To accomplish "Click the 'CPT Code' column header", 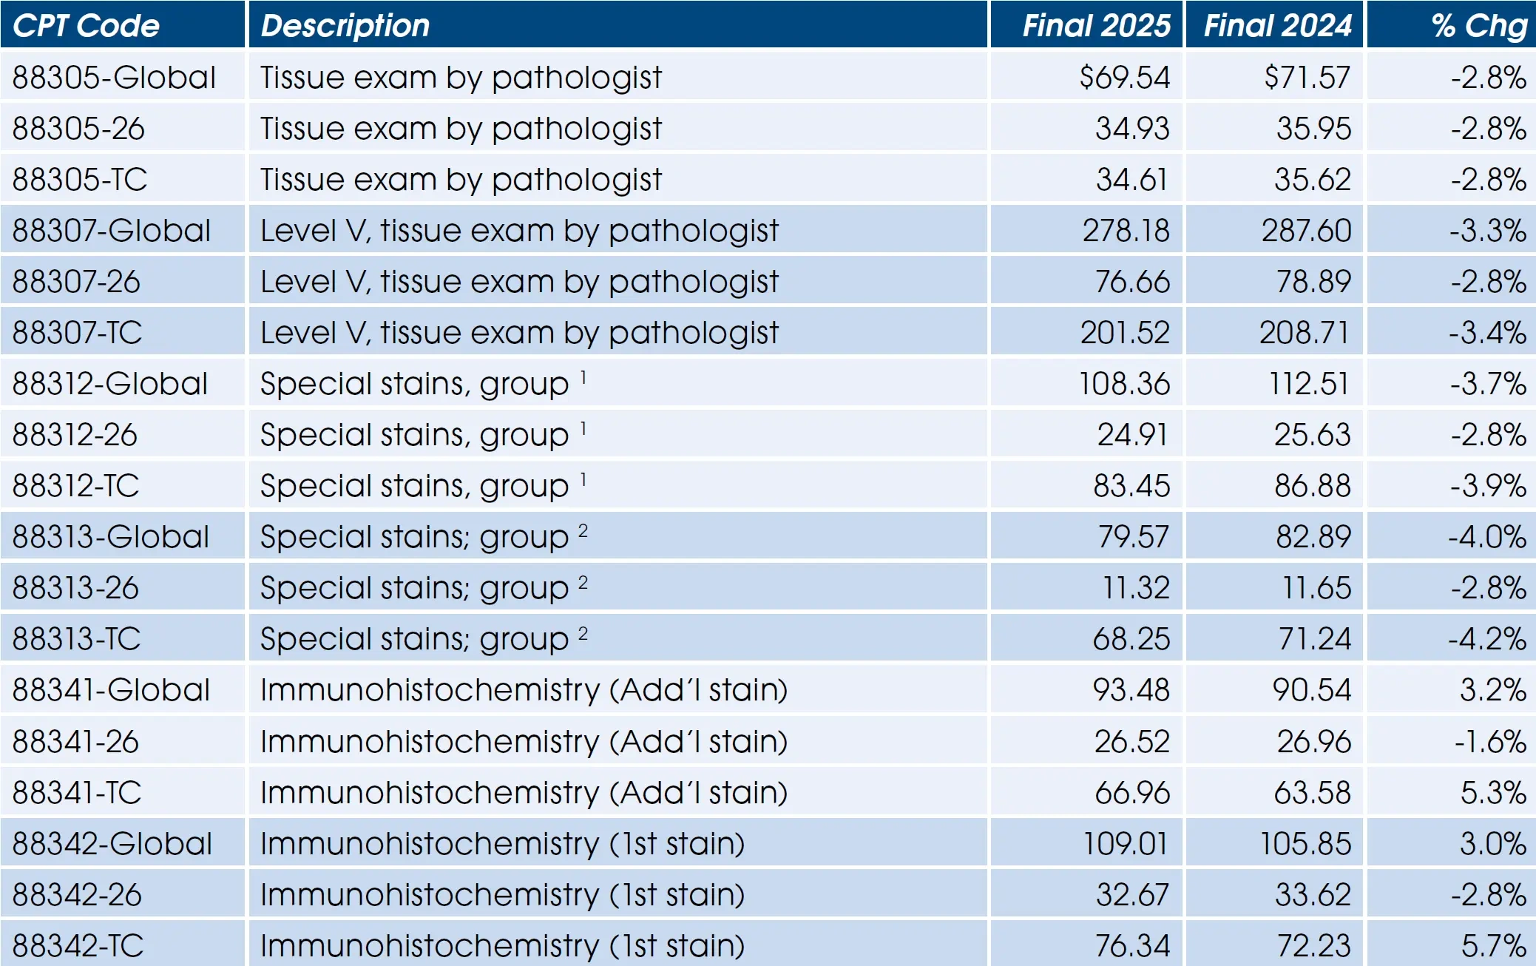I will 86,26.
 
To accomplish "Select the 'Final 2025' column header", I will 1096,26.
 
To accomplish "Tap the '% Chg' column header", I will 1479,26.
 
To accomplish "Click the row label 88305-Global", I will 114,78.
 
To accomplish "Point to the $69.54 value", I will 1124,78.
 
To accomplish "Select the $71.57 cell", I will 1307,78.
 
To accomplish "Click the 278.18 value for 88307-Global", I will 1126,231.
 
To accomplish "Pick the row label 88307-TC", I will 78,333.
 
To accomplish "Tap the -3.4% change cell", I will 1487,333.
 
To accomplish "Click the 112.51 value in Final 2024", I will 1309,384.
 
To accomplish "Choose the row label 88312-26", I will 75,435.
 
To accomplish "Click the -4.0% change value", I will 1487,537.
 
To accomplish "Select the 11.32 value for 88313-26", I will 1136,588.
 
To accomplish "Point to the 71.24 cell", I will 1314,639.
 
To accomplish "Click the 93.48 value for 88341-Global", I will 1131,690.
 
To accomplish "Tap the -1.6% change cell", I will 1490,741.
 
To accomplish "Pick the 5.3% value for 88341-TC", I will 1493,793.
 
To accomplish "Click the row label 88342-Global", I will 112,844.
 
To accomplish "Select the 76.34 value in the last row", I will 1132,946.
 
